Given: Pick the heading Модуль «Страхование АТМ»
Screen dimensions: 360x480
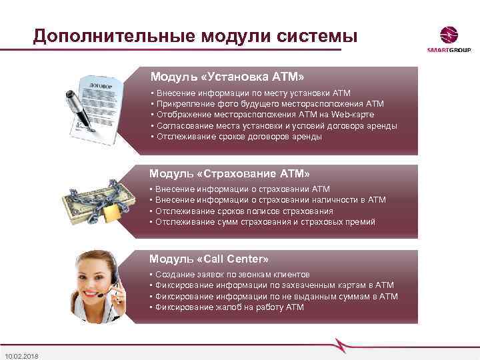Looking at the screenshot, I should point(229,173).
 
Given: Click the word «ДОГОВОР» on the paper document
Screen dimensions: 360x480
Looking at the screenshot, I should point(99,87).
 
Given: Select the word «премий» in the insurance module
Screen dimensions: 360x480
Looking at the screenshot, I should point(361,221).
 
